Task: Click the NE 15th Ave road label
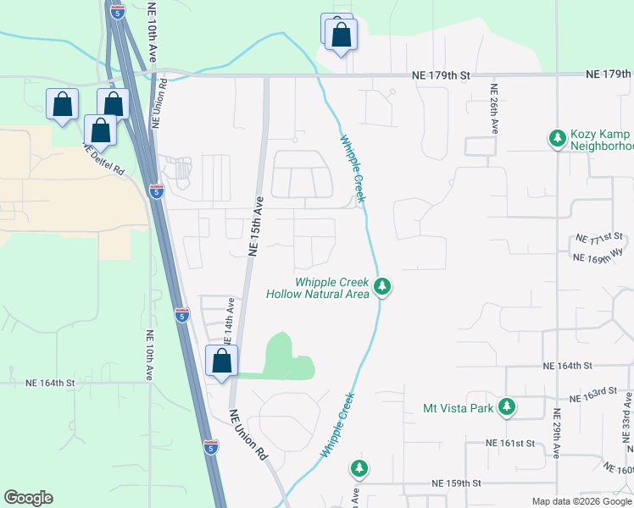pyautogui.click(x=256, y=226)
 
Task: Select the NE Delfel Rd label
pyautogui.click(x=103, y=158)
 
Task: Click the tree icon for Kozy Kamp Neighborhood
pyautogui.click(x=557, y=137)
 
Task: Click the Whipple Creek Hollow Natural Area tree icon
pyautogui.click(x=383, y=287)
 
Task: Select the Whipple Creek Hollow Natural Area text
pyautogui.click(x=318, y=288)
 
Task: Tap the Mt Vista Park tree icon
pyautogui.click(x=507, y=407)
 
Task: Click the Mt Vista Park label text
pyautogui.click(x=458, y=408)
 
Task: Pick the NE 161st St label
pyautogui.click(x=511, y=443)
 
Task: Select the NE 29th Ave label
pyautogui.click(x=557, y=433)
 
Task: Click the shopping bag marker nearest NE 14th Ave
pyautogui.click(x=222, y=361)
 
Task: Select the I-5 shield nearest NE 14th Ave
pyautogui.click(x=182, y=315)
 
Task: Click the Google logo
pyautogui.click(x=28, y=498)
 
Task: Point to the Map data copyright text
pyautogui.click(x=581, y=501)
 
